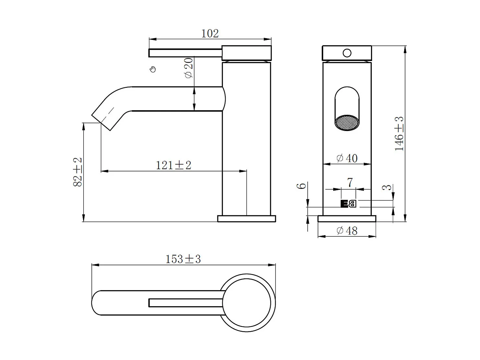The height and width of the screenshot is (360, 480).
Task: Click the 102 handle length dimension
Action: [210, 33]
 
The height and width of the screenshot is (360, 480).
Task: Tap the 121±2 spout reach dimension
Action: [173, 165]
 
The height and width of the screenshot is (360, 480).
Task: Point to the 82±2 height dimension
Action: [78, 172]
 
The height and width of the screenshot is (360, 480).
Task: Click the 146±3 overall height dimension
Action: [399, 134]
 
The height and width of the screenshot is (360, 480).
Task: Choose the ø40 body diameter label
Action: [347, 158]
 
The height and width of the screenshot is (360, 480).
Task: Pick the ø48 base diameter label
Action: [347, 231]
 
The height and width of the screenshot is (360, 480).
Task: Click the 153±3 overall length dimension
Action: [183, 259]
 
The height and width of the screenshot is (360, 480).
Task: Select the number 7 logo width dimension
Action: [350, 183]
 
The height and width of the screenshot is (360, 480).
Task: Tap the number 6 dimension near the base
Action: [302, 186]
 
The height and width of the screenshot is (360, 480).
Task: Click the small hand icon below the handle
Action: [153, 69]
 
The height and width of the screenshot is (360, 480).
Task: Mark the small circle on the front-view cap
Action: [347, 53]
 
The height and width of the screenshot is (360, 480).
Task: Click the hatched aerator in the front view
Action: [347, 123]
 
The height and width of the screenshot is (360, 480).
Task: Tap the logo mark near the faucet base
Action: [348, 204]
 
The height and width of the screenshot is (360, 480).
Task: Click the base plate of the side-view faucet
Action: [246, 219]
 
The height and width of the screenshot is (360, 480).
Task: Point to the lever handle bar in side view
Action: [185, 53]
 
